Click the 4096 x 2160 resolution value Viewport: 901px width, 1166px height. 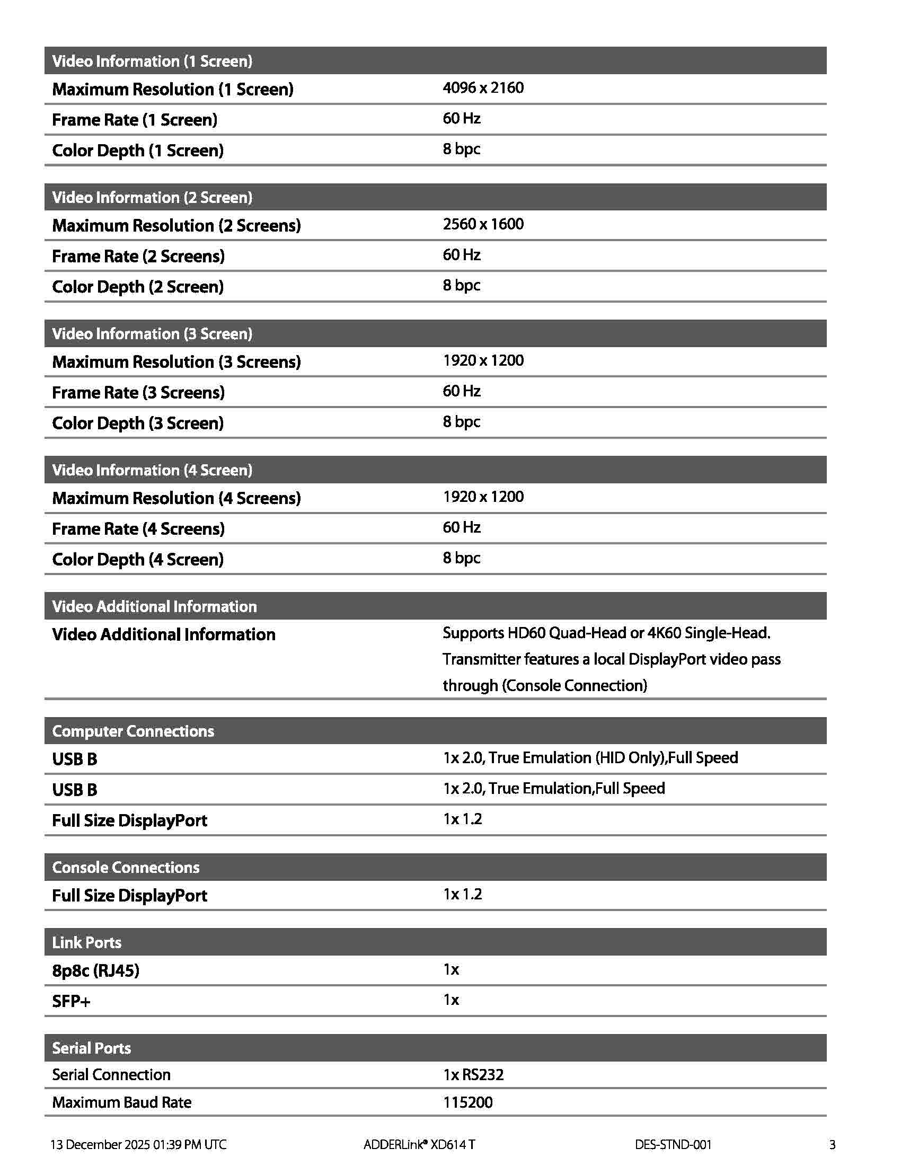482,87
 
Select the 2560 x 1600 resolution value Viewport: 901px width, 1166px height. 482,224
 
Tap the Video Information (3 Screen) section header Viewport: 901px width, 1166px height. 152,334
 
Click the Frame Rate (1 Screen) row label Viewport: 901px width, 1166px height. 135,120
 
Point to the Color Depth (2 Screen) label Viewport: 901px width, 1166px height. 138,287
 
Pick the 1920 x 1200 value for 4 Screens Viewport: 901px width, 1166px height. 482,497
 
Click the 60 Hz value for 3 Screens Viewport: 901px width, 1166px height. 461,391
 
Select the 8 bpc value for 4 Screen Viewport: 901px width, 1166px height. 461,558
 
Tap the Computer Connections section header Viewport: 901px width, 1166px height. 133,731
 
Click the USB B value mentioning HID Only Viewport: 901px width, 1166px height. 590,758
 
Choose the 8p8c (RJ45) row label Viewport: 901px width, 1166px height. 95,970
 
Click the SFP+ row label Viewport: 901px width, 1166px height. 71,1001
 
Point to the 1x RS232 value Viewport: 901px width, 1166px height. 473,1074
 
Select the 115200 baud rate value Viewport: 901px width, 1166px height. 467,1102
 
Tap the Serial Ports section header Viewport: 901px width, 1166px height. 91,1048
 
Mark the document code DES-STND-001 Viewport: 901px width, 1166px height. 673,1145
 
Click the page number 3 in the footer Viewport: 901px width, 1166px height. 832,1145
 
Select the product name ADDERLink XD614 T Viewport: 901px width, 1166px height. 419,1145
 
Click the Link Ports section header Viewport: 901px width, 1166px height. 86,942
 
